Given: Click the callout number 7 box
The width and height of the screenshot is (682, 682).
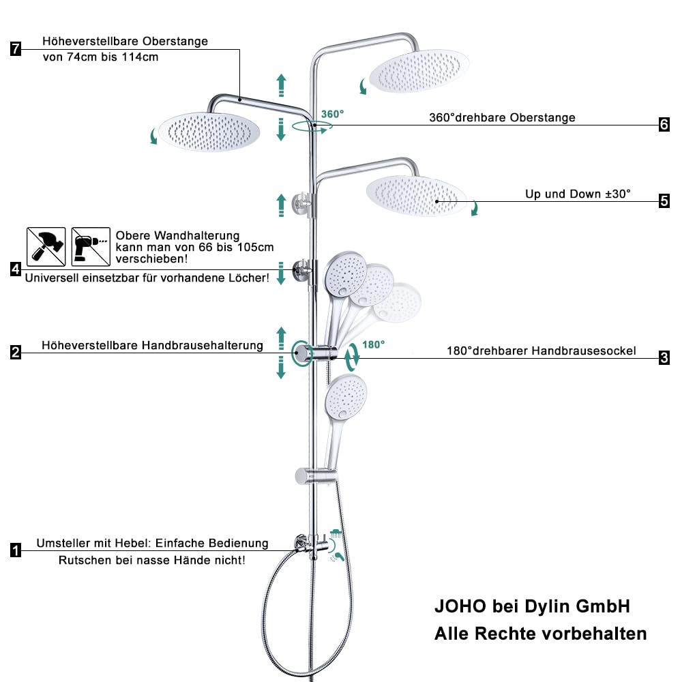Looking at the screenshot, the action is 16,48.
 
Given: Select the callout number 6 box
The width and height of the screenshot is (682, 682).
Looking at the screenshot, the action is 664,125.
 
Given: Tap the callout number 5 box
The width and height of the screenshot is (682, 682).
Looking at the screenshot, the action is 664,201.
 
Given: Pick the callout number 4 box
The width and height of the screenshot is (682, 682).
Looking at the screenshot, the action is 16,269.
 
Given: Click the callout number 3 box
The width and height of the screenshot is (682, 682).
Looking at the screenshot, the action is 664,358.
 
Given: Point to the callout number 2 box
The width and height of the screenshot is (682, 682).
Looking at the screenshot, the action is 16,352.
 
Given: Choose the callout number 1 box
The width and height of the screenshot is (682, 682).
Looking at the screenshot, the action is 16,550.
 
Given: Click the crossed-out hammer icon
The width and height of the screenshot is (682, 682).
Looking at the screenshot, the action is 46,247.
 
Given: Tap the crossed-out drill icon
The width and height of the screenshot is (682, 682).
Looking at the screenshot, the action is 91,247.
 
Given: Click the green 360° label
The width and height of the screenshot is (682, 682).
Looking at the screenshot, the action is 332,114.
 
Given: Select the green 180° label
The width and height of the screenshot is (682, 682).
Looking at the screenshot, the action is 373,344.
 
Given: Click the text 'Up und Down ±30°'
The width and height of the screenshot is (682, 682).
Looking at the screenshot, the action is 578,194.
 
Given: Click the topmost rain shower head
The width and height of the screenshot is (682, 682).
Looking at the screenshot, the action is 419,71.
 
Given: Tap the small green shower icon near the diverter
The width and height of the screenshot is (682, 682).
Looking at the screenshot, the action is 336,533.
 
